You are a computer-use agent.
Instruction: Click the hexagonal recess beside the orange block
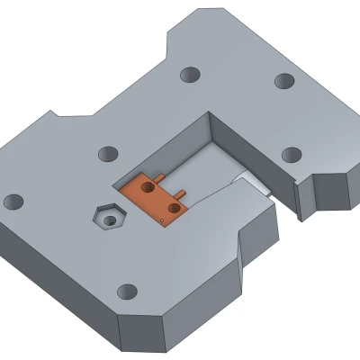tap(110, 217)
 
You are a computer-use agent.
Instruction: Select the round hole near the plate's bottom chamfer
tap(128, 291)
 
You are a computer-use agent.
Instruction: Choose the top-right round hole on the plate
tap(283, 80)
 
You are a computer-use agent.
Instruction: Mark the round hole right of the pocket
tap(291, 154)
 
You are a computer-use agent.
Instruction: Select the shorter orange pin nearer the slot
tap(184, 192)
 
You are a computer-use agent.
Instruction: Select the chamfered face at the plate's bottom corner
tap(144, 333)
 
